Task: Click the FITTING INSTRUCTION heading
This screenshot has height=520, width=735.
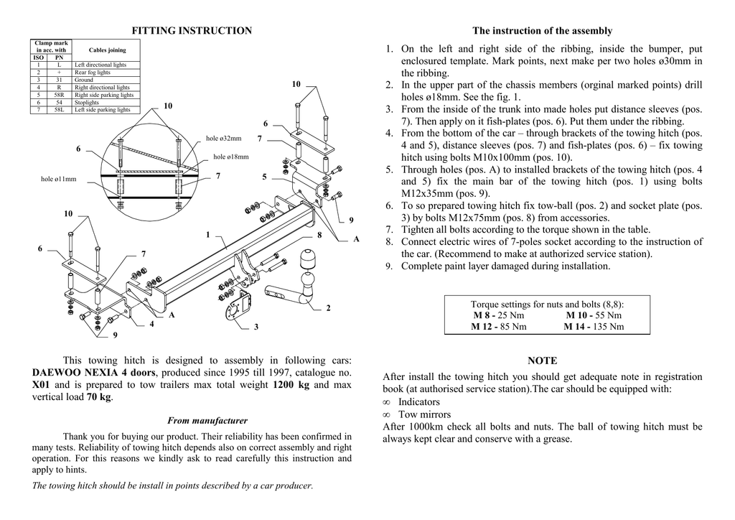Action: (x=192, y=31)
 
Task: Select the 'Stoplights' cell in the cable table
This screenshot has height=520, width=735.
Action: (x=87, y=103)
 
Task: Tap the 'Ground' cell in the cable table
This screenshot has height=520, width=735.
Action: (x=84, y=80)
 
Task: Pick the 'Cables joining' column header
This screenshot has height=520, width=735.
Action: (x=107, y=50)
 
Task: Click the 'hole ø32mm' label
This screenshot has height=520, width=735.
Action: (x=223, y=138)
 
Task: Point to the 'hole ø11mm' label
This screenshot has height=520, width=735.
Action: (x=58, y=179)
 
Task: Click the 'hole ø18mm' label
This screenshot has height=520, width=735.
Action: (x=231, y=157)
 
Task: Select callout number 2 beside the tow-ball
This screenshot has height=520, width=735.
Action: (x=328, y=308)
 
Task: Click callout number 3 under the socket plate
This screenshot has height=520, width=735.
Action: (x=256, y=328)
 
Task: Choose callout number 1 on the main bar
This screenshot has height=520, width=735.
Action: (x=207, y=234)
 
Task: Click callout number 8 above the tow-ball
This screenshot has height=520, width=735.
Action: (x=319, y=235)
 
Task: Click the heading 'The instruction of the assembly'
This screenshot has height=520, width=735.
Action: (x=542, y=31)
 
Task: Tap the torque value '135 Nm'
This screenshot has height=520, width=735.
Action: (x=607, y=327)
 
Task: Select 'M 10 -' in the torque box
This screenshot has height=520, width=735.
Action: (x=579, y=315)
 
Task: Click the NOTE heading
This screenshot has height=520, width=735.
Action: (x=542, y=361)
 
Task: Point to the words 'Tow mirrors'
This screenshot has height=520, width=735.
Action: (x=424, y=414)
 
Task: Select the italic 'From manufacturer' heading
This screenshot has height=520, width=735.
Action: (x=207, y=421)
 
